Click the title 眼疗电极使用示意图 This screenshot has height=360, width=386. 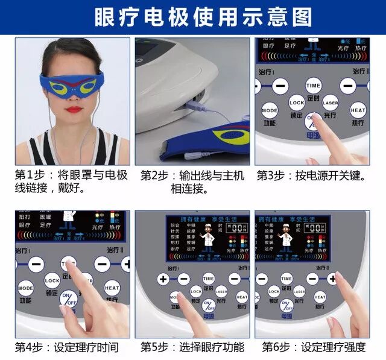(193, 17)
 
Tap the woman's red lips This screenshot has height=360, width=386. (75, 110)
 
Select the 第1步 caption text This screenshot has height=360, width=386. (71, 182)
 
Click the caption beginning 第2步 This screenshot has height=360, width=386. (192, 182)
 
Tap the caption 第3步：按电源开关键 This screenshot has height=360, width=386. (311, 175)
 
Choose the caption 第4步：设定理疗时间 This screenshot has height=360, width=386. (66, 347)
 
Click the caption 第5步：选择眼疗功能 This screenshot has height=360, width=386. (192, 347)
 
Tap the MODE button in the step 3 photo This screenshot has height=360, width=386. (270, 111)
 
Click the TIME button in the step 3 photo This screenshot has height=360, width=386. (313, 85)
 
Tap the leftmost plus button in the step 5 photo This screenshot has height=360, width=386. (163, 279)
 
